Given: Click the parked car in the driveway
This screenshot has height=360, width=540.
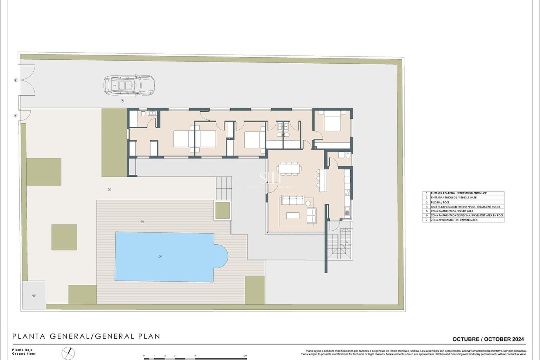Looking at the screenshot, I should [x=129, y=85].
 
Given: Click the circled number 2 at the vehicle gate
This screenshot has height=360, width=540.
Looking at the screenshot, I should [x=16, y=80].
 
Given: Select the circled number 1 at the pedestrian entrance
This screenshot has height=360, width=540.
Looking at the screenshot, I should [x=16, y=116].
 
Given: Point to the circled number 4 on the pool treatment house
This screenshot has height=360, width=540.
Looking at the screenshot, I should [x=34, y=295].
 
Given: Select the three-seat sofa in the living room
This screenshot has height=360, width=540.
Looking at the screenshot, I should [x=293, y=201].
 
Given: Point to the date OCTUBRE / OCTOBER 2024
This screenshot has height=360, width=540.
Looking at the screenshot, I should [x=488, y=339].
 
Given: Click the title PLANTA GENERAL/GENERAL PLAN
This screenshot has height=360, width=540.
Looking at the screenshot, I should [x=86, y=336].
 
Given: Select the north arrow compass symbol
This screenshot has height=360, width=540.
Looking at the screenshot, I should [x=68, y=353].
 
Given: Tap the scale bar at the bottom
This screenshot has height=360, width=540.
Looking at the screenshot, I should [x=195, y=357].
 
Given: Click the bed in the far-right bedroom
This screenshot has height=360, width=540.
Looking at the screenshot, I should [x=332, y=121].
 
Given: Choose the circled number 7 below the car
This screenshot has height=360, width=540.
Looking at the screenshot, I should [x=122, y=101].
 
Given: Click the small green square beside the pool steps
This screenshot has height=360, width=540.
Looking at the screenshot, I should [x=222, y=210].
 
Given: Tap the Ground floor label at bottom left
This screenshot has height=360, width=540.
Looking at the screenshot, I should [x=24, y=354].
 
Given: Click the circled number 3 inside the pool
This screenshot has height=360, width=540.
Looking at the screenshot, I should [x=160, y=256].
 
